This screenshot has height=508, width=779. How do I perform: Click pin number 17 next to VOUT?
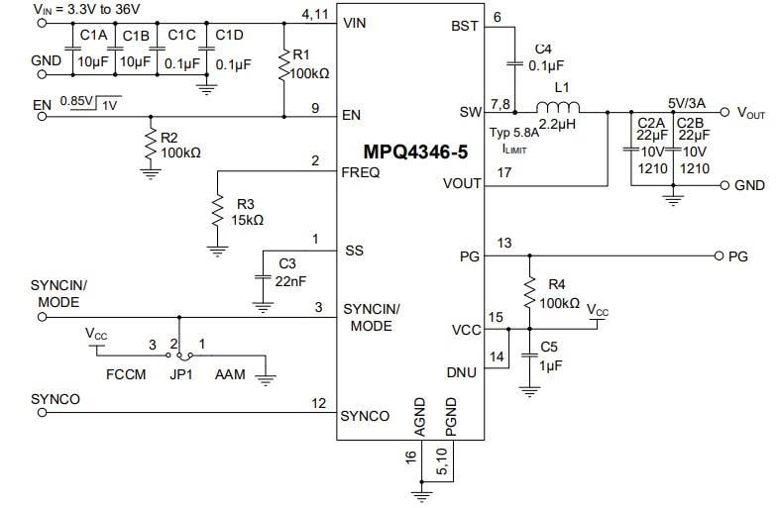(x=503, y=172)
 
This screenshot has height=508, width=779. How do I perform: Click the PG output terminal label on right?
(x=737, y=256)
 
